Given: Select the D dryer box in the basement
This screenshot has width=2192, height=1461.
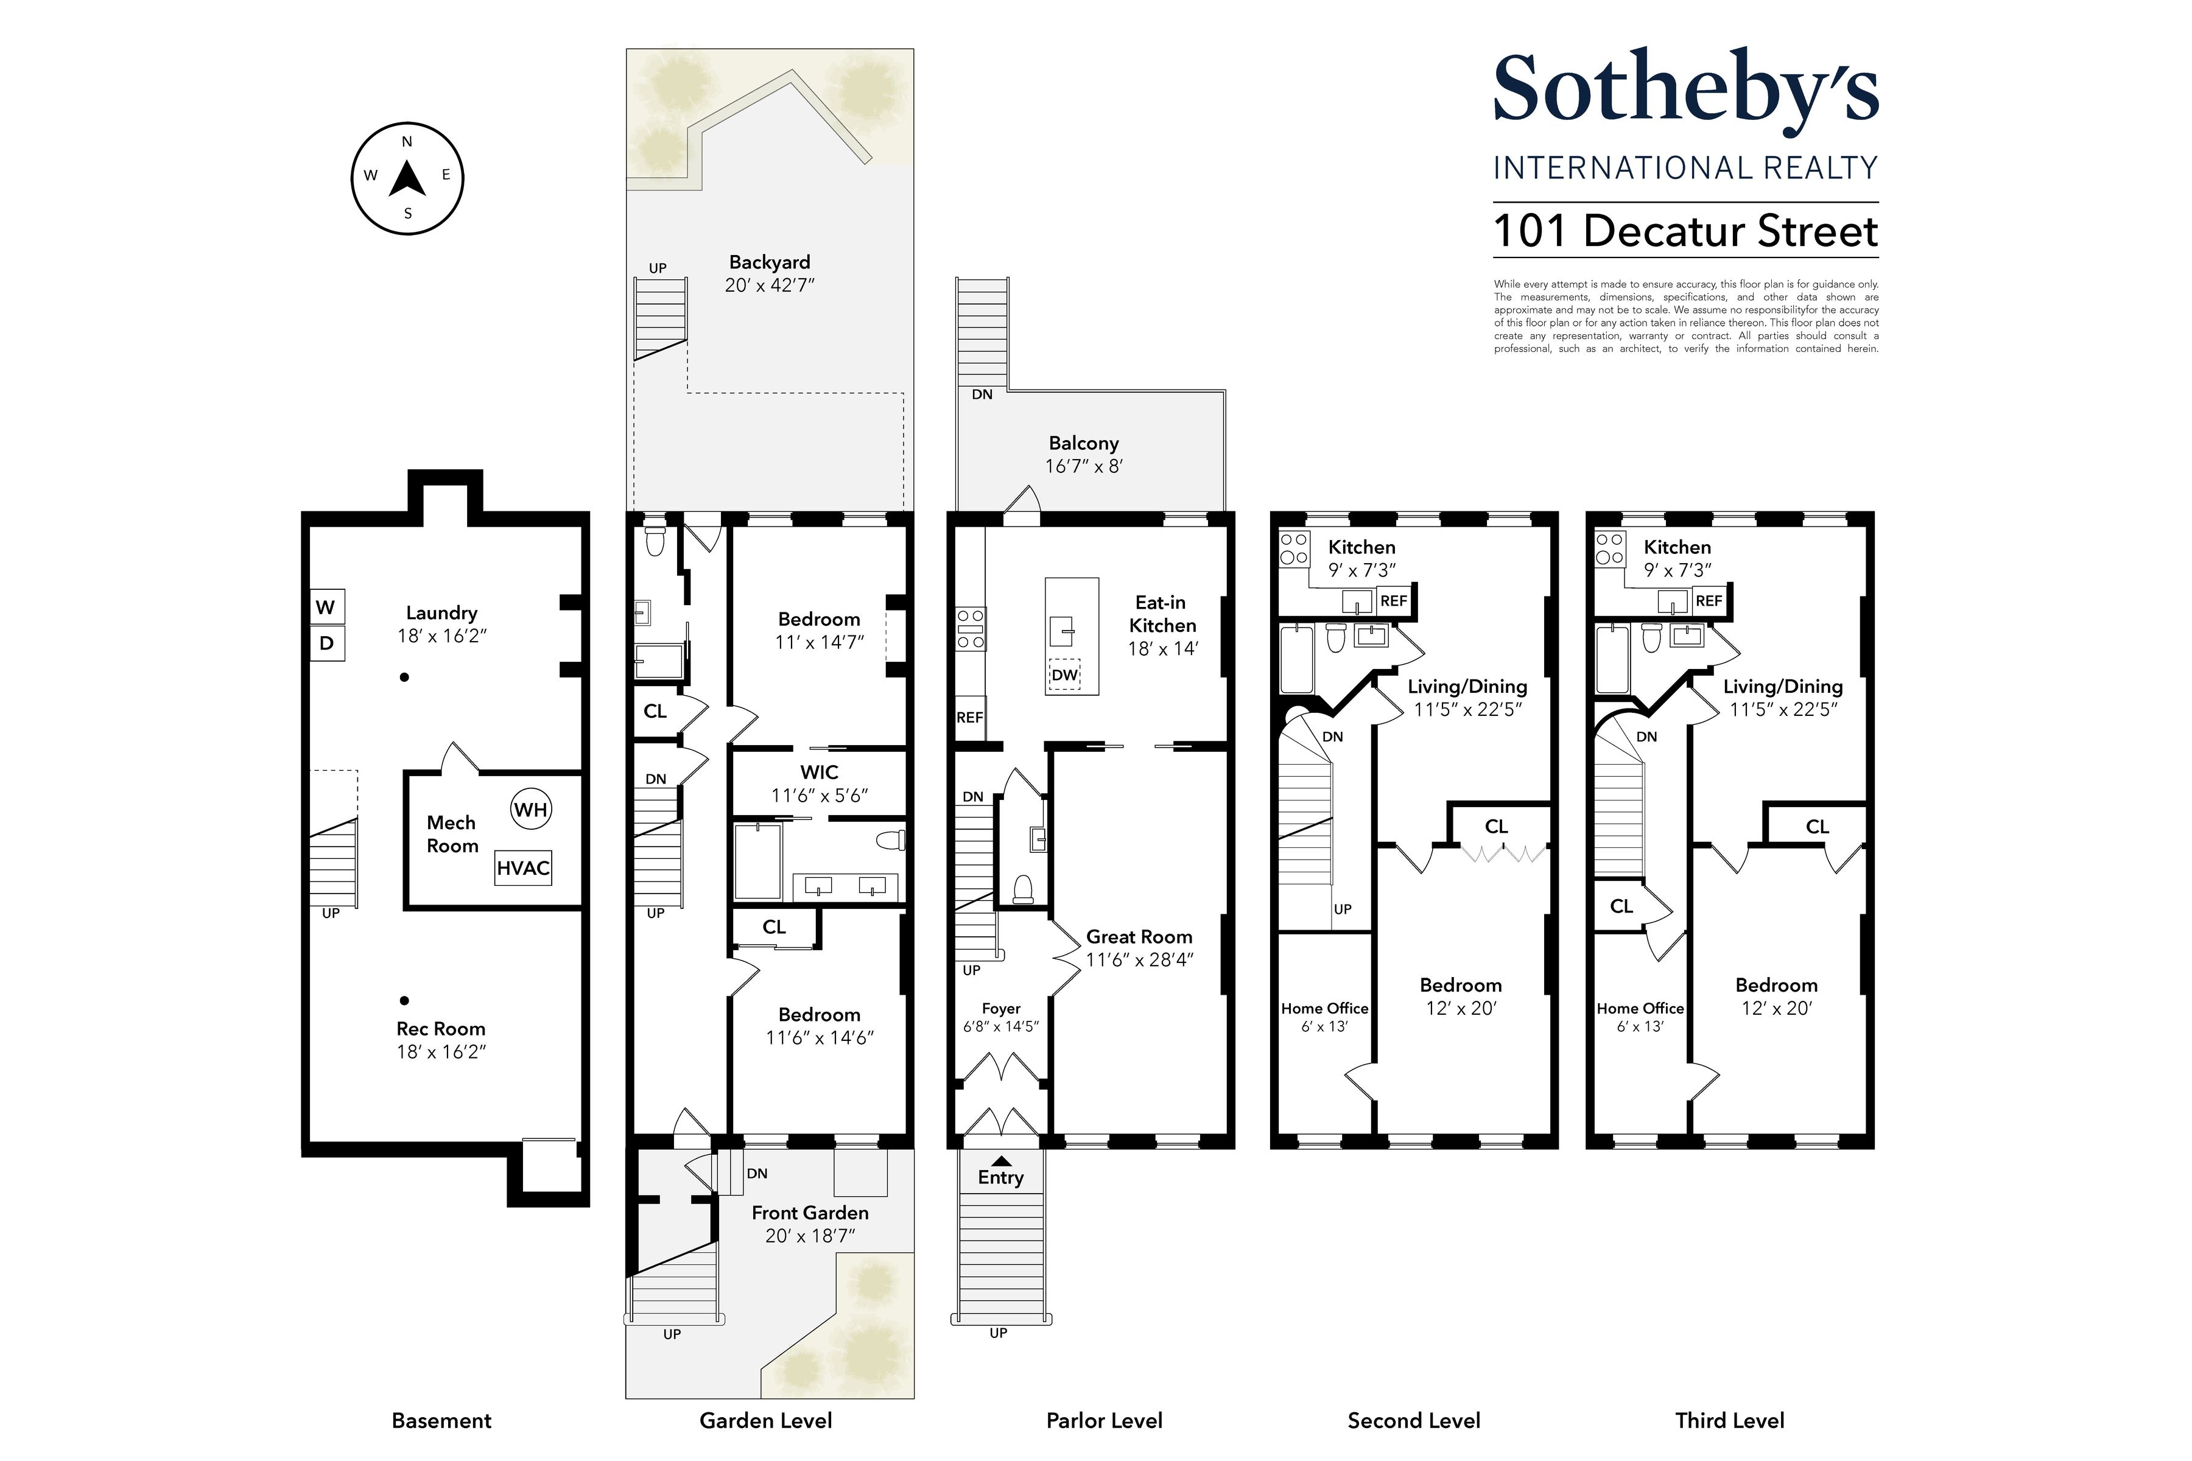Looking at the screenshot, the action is [326, 643].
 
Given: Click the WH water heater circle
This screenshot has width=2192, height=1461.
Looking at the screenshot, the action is [530, 809].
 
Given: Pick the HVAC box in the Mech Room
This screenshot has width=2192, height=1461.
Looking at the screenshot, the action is [523, 867].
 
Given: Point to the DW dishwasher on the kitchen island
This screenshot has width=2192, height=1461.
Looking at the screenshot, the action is [1064, 674].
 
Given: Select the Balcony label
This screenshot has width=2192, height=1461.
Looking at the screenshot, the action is [1083, 444].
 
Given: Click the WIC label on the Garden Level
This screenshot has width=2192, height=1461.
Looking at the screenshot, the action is [818, 773].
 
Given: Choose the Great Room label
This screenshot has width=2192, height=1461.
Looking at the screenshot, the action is [1139, 936].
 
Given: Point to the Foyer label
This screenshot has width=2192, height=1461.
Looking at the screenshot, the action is [1001, 1008].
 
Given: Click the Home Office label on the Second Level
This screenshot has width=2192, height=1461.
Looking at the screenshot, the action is [1324, 1008].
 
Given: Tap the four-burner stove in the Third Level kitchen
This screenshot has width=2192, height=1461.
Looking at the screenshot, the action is [1609, 549].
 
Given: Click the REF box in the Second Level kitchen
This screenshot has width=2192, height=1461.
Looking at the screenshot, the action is [1393, 601].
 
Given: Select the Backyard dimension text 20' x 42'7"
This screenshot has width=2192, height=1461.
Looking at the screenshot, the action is [770, 285].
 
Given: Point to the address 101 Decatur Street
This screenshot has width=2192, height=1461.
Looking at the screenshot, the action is [1685, 231].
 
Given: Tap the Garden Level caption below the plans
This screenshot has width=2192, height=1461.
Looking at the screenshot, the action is [765, 1420].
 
